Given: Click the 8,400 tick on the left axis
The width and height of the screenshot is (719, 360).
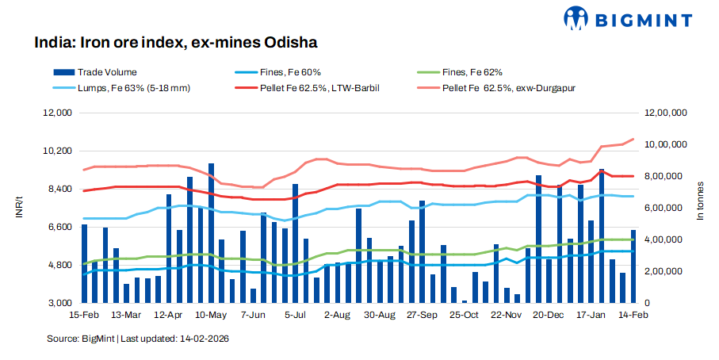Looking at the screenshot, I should click(59, 189).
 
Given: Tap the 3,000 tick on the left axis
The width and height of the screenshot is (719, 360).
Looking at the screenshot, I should click(59, 303).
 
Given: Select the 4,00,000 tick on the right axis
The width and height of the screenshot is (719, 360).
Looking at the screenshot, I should click(667, 239).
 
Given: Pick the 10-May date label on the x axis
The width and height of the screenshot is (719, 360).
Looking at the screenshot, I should click(211, 315).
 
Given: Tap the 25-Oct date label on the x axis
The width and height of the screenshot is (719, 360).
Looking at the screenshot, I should click(465, 315).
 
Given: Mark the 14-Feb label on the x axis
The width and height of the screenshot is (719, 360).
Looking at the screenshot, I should click(632, 315).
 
